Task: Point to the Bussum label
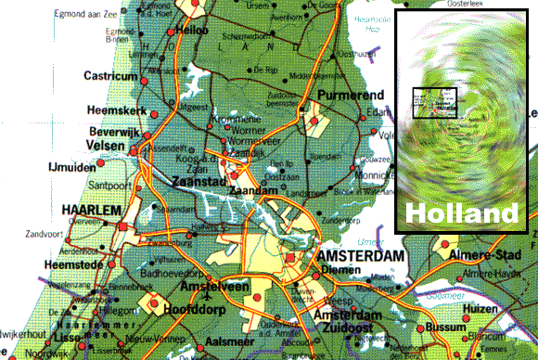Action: [461, 329]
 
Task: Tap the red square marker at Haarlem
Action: [122, 225]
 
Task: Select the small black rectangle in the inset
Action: [435, 103]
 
